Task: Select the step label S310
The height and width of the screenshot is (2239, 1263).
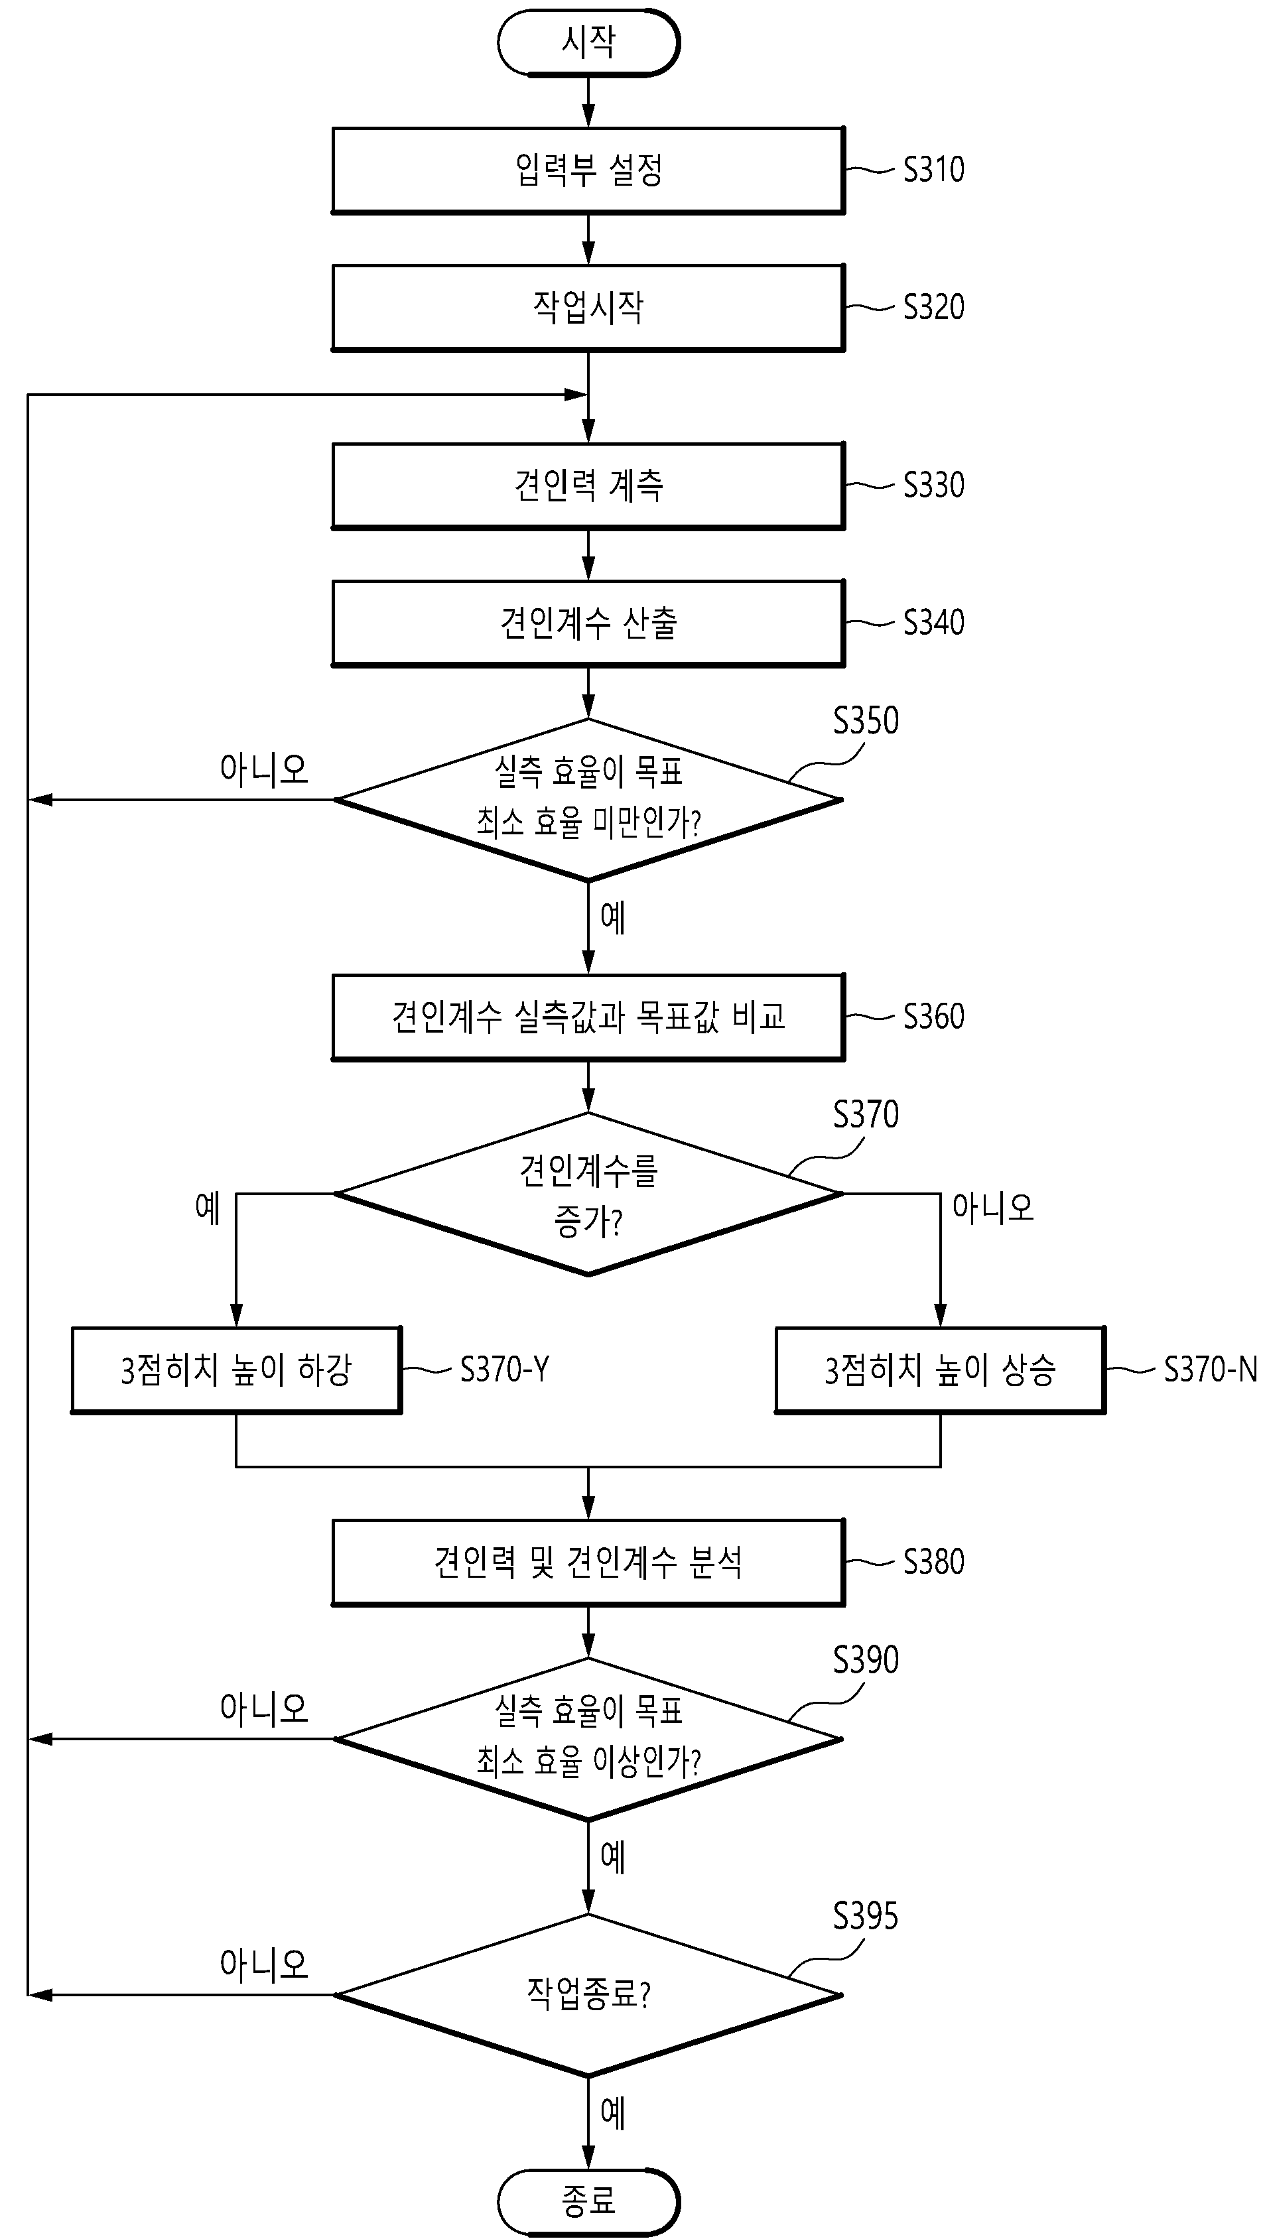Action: coord(933,170)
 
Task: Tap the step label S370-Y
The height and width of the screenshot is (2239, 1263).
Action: coord(504,1370)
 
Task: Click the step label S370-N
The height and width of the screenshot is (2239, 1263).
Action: coord(1211,1370)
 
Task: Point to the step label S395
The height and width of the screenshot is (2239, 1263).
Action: coord(866,1917)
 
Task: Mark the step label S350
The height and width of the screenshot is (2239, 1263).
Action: coord(866,720)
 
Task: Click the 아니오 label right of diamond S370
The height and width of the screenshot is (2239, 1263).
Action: coord(992,1207)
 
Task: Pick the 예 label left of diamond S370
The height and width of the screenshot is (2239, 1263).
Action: coord(208,1207)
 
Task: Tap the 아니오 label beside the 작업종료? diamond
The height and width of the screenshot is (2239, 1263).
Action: coord(264,1964)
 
